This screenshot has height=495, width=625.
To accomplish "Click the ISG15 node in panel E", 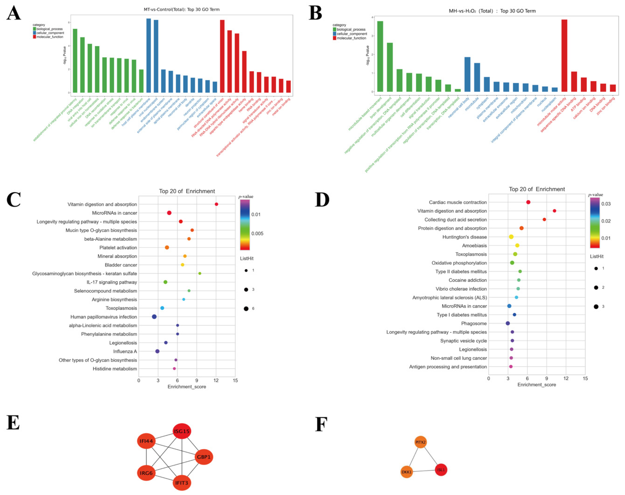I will pos(182,431).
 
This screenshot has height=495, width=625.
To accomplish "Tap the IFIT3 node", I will pos(182,483).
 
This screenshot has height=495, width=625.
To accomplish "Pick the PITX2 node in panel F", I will pos(420,442).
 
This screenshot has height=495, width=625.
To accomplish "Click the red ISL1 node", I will pos(441,470).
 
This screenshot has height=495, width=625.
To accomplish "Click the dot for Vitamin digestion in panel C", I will pos(216,204).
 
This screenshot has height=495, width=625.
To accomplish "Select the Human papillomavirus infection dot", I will pos(154,317).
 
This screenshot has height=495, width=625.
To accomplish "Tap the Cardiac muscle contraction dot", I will pos(528,202).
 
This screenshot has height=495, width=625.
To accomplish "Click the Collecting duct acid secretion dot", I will pos(544,220).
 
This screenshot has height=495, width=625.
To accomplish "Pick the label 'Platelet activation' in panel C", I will pos(118,248).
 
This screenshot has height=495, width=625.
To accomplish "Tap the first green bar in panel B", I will pos(380,56).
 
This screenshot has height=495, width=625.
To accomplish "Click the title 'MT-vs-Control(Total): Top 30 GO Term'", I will pos(182,10).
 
